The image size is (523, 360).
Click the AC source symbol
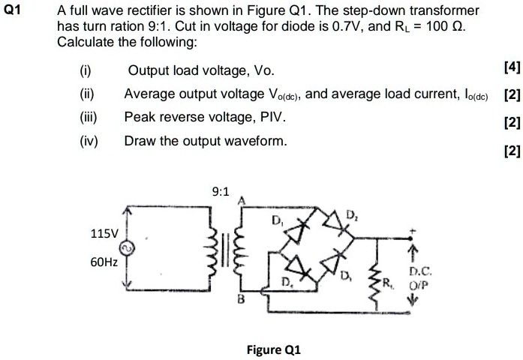point(128,249)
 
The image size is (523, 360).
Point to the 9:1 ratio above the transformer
point(221,192)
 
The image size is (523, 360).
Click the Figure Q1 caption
point(274,349)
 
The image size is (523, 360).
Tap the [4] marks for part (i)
point(512,68)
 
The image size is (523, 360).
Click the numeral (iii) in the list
point(89,117)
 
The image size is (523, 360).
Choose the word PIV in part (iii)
point(271,117)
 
